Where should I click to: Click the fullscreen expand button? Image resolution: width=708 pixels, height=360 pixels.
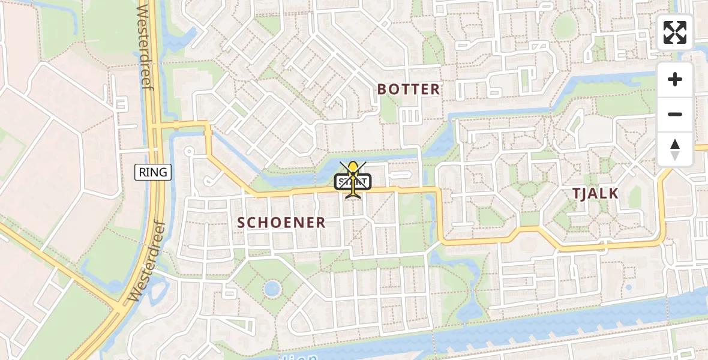[x=675, y=32]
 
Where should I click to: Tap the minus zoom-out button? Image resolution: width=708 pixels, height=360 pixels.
[x=675, y=114]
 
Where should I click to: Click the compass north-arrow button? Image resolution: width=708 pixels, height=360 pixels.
[x=675, y=149]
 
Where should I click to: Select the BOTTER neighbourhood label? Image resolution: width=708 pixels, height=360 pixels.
[x=408, y=89]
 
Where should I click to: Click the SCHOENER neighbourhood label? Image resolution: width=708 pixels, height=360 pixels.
[x=281, y=223]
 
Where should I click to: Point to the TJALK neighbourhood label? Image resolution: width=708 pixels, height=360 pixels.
[x=595, y=193]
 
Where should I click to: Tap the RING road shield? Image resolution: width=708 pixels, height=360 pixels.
[x=153, y=173]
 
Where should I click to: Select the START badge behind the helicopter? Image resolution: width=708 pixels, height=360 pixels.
[x=353, y=182]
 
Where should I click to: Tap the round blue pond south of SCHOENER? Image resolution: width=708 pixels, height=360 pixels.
[x=272, y=289]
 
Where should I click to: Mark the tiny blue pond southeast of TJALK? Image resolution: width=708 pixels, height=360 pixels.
[x=628, y=287]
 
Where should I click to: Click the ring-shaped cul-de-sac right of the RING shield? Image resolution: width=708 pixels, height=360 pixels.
[x=190, y=151]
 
